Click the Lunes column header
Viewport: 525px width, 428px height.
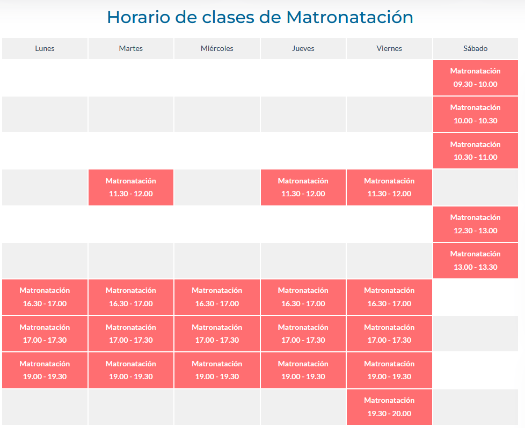tap(45, 48)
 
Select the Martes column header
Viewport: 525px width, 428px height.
tap(131, 48)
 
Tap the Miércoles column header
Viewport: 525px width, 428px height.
tap(217, 48)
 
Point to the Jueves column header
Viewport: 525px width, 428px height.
tap(303, 48)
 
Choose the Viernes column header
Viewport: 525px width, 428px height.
tap(389, 48)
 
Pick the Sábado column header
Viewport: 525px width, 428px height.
tap(476, 48)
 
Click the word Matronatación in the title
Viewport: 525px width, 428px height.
tap(350, 17)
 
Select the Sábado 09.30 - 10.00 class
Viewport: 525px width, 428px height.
tap(476, 78)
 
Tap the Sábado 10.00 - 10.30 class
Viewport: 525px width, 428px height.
tap(476, 114)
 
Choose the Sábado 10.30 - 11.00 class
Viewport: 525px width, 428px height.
tap(476, 151)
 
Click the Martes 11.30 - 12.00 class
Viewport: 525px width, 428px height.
tap(131, 187)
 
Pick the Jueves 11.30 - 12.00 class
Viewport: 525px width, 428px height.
tap(303, 187)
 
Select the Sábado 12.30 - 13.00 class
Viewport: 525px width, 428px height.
tap(476, 224)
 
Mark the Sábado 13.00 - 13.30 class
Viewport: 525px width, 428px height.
tap(476, 260)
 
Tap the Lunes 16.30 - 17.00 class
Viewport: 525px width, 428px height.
tap(45, 297)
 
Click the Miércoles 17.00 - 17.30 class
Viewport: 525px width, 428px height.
tap(217, 334)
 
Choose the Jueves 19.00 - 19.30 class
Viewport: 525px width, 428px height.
tap(303, 370)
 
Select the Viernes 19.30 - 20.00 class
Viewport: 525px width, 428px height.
tap(389, 407)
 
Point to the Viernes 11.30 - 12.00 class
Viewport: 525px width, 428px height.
tap(389, 187)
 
